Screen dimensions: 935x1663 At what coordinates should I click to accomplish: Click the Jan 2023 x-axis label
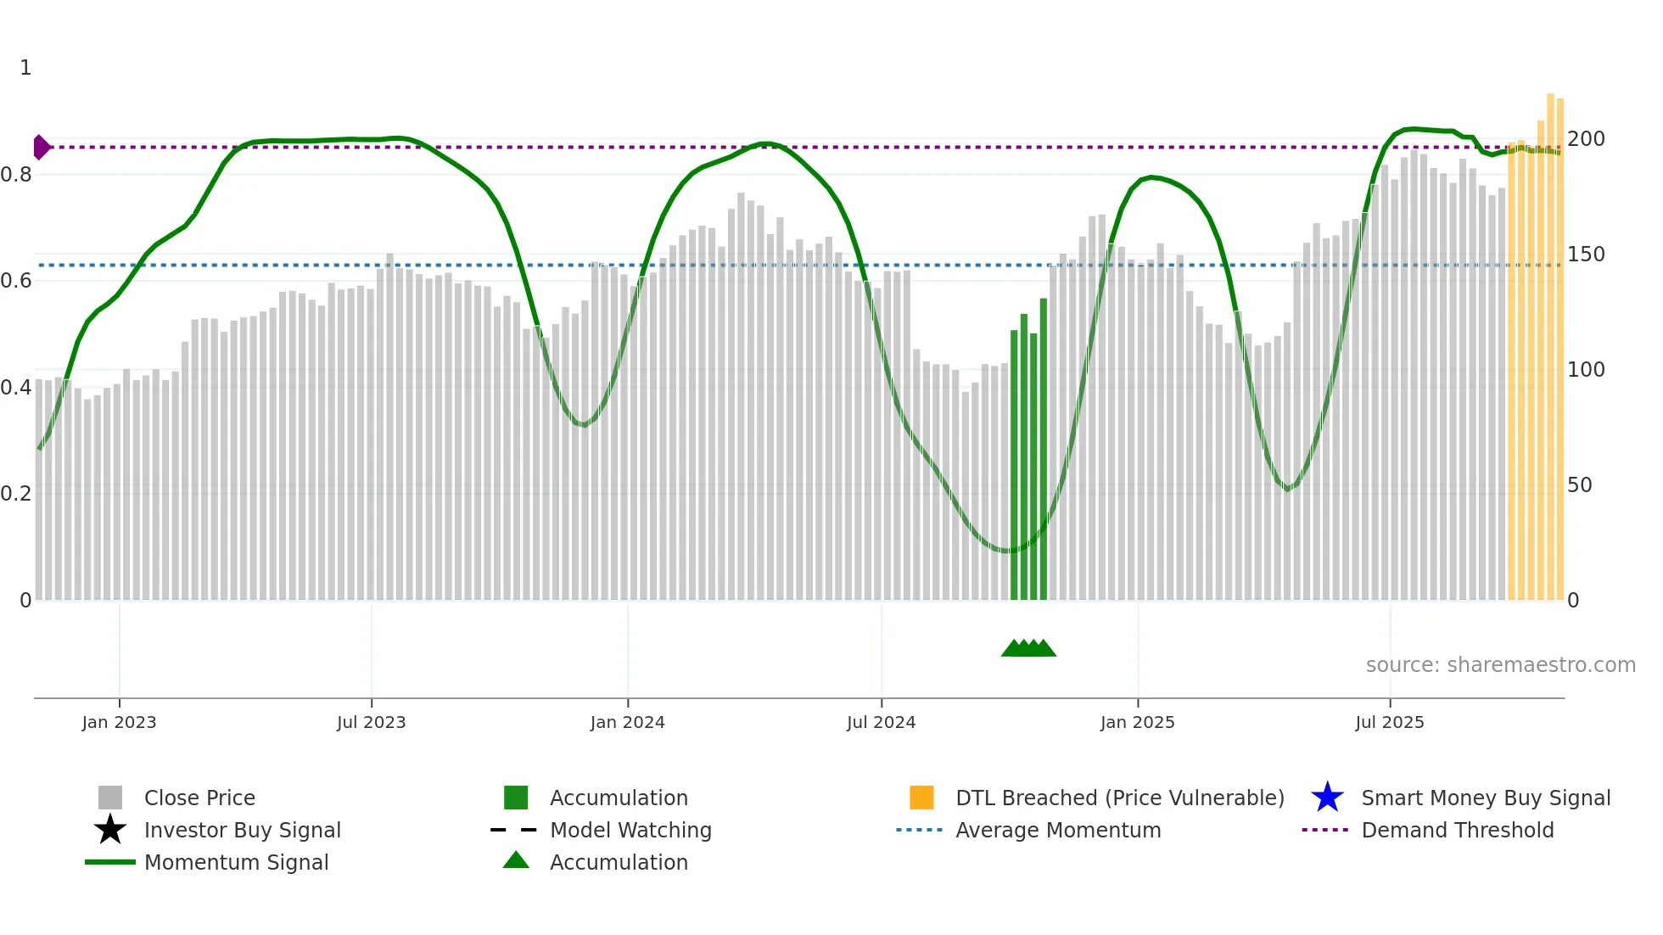pos(119,722)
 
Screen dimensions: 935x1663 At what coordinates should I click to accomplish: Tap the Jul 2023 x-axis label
pos(371,722)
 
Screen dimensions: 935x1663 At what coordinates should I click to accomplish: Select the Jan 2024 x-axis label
pos(627,722)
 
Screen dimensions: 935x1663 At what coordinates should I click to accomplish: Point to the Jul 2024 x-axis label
pos(881,722)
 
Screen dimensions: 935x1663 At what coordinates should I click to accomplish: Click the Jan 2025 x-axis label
pos(1137,722)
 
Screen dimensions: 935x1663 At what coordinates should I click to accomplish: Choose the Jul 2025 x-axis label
pos(1389,722)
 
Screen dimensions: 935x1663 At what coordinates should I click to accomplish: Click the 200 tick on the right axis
pos(1586,139)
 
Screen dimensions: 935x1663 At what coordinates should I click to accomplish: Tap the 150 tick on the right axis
pos(1586,255)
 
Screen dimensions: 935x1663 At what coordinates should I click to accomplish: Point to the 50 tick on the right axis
pos(1580,485)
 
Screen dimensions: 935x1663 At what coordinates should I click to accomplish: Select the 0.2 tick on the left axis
pos(16,494)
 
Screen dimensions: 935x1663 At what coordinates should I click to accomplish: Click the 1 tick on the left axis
pos(25,68)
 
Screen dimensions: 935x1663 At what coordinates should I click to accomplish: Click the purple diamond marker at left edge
pos(41,147)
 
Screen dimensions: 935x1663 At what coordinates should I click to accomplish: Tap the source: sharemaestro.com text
pos(1500,665)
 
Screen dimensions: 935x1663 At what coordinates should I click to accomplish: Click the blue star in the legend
pos(1327,798)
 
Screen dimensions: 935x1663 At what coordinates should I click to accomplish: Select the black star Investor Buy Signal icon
pos(110,830)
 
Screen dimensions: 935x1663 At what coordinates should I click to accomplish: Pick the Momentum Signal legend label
pos(236,862)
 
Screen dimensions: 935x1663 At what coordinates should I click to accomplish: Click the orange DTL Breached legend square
pos(921,798)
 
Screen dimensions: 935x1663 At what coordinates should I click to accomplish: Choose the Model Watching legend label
pos(630,830)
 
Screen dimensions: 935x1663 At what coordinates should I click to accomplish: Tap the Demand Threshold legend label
pos(1457,830)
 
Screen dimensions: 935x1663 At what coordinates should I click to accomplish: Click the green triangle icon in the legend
pos(516,860)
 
